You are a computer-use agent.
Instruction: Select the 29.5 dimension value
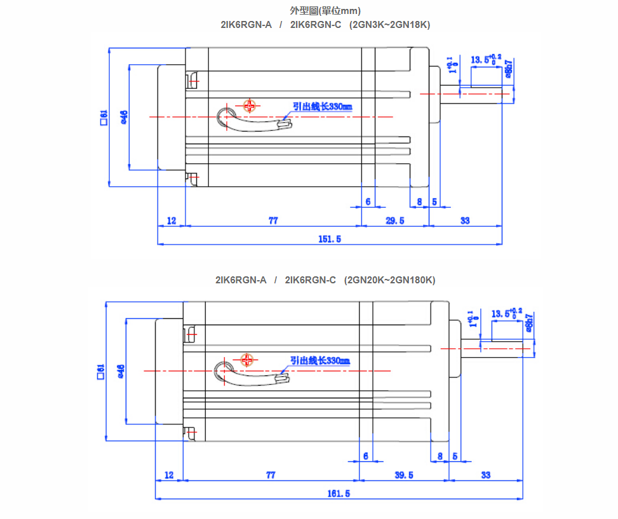click(394, 220)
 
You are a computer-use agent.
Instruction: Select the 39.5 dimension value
click(403, 475)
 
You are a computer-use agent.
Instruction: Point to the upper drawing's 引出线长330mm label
click(322, 107)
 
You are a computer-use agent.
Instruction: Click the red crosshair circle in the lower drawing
click(247, 360)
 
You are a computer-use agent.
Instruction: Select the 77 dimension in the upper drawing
click(273, 220)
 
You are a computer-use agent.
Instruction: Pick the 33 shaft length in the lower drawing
click(486, 475)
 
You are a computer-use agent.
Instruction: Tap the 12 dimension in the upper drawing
click(171, 220)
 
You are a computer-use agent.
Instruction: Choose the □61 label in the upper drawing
click(103, 118)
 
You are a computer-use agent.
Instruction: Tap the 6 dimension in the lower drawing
click(366, 456)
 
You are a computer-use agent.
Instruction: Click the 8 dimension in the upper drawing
click(419, 201)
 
